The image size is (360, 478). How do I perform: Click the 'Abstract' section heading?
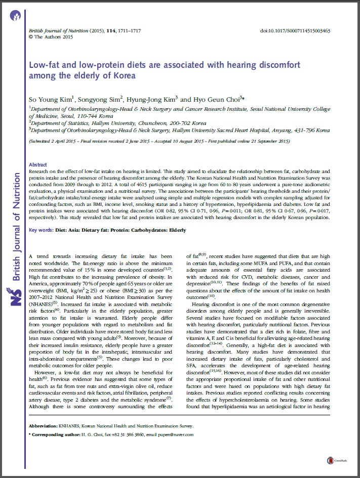(38, 165)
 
